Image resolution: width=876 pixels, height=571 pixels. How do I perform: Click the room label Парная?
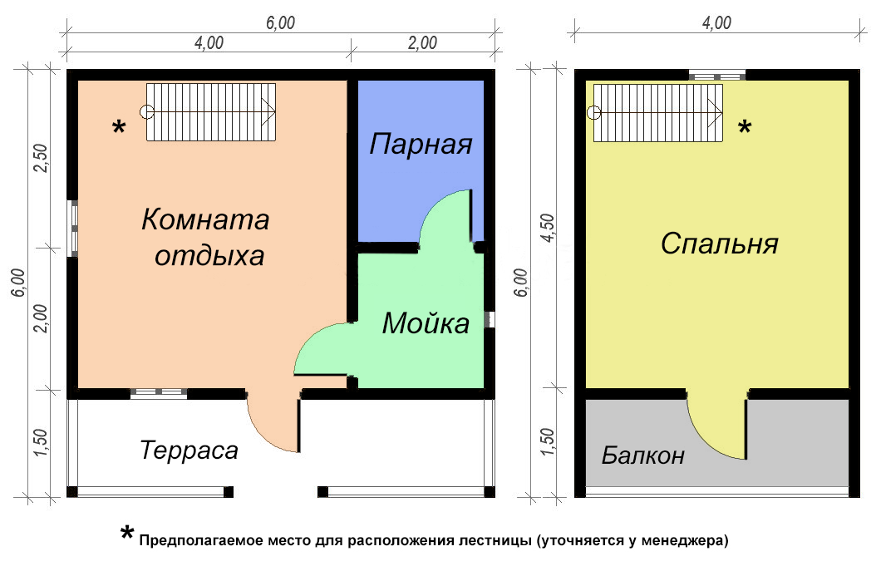pyautogui.click(x=421, y=144)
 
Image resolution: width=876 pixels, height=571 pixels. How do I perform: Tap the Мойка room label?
pyautogui.click(x=426, y=323)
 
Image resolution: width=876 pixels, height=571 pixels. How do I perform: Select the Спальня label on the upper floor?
pyautogui.click(x=720, y=244)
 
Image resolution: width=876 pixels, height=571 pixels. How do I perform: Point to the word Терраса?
pyautogui.click(x=189, y=450)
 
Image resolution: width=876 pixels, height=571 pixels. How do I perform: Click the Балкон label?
pyautogui.click(x=643, y=455)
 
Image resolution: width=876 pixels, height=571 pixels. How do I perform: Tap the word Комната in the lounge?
pyautogui.click(x=205, y=219)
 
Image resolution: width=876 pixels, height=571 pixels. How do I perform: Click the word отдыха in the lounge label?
pyautogui.click(x=209, y=256)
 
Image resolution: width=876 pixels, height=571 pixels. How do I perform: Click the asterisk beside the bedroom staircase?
pyautogui.click(x=745, y=127)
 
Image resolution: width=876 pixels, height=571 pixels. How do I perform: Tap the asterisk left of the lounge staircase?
pyautogui.click(x=119, y=127)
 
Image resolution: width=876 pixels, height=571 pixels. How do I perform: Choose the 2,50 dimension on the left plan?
pyautogui.click(x=42, y=158)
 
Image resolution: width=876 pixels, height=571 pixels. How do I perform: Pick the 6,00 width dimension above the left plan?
pyautogui.click(x=280, y=23)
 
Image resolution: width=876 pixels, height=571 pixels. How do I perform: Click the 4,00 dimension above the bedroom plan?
pyautogui.click(x=716, y=23)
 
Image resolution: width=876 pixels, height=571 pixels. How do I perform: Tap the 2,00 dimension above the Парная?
pyautogui.click(x=422, y=42)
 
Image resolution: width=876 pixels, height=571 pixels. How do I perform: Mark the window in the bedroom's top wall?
pyautogui.click(x=716, y=76)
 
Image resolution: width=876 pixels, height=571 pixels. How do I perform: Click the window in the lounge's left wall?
pyautogui.click(x=72, y=228)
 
